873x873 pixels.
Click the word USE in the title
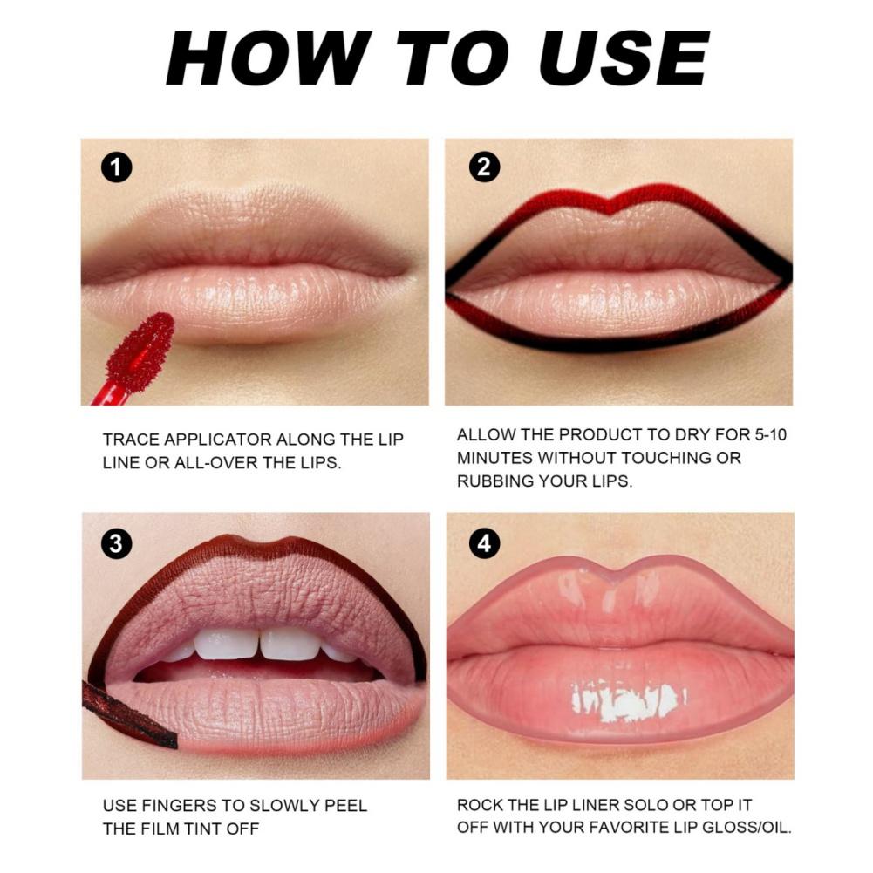click(x=614, y=60)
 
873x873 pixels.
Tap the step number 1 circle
click(x=116, y=167)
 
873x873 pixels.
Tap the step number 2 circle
click(x=483, y=167)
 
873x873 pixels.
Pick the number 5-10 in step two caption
click(x=760, y=434)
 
